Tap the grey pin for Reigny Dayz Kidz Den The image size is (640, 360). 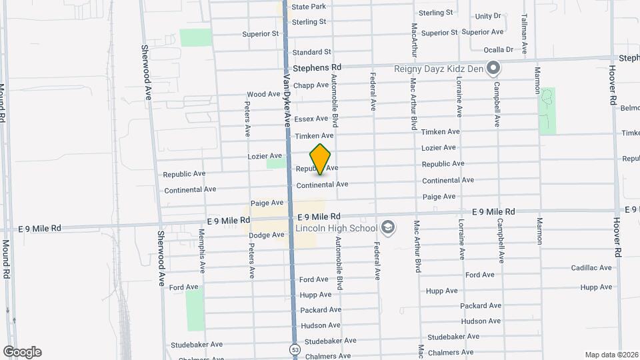point(493,67)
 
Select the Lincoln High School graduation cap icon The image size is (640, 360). point(387,229)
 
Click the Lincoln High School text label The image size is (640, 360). point(337,229)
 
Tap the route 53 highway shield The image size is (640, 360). point(294,349)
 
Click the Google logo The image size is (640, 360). point(22,351)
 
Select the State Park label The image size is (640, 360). point(309,6)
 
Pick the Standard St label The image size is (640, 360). point(311,52)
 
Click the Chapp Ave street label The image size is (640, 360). point(311,85)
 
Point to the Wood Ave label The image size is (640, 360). point(263,95)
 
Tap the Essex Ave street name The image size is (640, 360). point(311,119)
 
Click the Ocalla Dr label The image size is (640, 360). point(499,49)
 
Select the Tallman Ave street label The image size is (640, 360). point(525,33)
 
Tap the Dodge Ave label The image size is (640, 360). point(267,235)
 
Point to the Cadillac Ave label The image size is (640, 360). point(591,268)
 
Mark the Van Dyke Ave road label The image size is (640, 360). point(287,100)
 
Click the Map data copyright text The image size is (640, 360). point(611,355)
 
